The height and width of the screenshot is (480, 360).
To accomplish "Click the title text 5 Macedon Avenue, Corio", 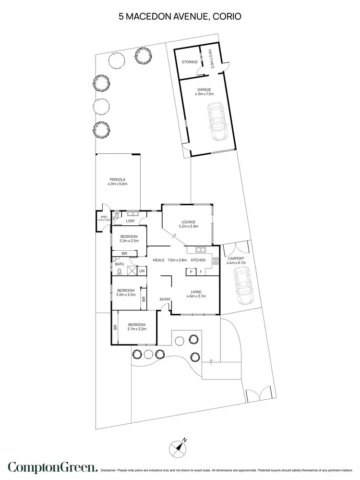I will (x=180, y=16).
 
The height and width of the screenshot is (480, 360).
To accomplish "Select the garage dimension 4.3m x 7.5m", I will (x=204, y=94).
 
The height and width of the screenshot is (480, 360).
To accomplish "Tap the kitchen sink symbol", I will (x=201, y=250).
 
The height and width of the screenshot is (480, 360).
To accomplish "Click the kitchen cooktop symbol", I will (x=215, y=261).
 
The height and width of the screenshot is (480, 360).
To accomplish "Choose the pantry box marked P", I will (x=191, y=272).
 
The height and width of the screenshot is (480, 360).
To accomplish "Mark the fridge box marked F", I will (x=201, y=272).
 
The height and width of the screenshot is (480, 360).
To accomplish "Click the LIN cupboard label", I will (x=142, y=271).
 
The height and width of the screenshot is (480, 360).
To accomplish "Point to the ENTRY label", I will (x=165, y=300).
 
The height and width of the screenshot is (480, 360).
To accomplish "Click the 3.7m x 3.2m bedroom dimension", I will (x=136, y=329).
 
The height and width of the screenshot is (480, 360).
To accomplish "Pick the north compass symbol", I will (x=179, y=448).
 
